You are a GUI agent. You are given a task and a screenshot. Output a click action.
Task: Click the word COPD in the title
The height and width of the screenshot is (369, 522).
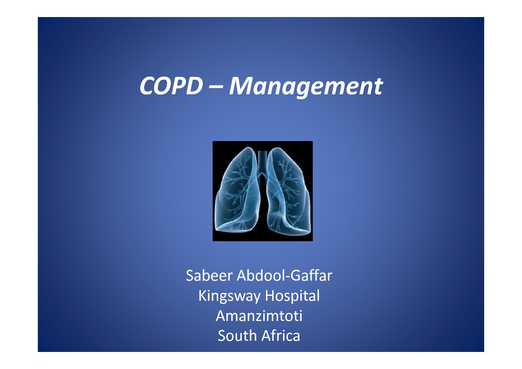pyautogui.click(x=171, y=86)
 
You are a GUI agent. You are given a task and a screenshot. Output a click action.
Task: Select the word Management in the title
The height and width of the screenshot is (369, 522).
pyautogui.click(x=306, y=87)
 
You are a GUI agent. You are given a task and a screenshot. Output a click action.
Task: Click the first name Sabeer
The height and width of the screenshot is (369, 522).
pyautogui.click(x=209, y=275)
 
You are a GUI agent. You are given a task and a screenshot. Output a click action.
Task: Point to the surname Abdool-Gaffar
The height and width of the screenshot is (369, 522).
pyautogui.click(x=284, y=275)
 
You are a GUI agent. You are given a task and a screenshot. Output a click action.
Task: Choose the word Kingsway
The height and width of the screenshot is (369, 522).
pyautogui.click(x=229, y=296)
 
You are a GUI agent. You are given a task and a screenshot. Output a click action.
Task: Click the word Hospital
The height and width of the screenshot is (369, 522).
pyautogui.click(x=292, y=296)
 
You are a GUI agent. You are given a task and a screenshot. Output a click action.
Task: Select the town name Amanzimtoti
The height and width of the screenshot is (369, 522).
pyautogui.click(x=259, y=316)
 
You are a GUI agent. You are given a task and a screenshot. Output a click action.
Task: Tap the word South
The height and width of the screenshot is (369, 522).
pyautogui.click(x=237, y=336)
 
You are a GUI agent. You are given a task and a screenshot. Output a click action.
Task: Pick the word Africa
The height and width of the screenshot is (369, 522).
pyautogui.click(x=281, y=336)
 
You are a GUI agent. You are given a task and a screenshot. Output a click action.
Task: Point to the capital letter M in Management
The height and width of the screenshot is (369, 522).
pyautogui.click(x=240, y=86)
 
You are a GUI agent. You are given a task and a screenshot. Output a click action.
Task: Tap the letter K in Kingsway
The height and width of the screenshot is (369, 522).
pyautogui.click(x=202, y=296)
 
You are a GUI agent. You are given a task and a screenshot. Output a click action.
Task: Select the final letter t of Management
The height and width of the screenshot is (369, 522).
pyautogui.click(x=378, y=87)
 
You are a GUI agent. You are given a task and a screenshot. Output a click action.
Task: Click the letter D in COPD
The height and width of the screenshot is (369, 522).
pyautogui.click(x=194, y=86)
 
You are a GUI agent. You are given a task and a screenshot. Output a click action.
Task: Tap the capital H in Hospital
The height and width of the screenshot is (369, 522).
pyautogui.click(x=270, y=296)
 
